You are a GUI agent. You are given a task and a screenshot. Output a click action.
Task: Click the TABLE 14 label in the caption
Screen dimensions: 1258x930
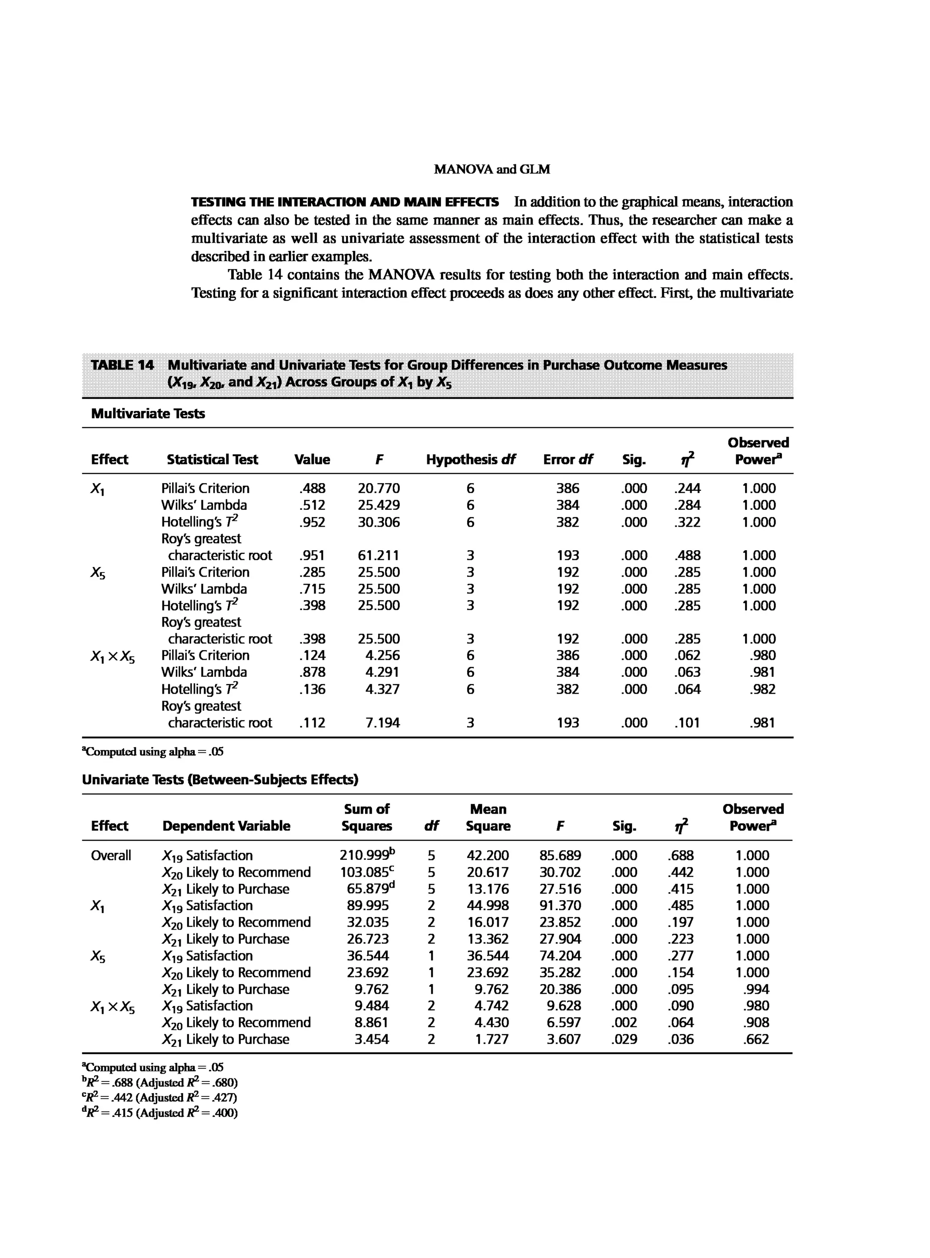tap(122, 365)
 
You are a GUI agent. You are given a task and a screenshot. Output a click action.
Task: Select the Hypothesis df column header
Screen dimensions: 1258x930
tap(470, 459)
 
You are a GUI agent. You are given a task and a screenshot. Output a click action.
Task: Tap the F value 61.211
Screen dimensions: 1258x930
tap(378, 556)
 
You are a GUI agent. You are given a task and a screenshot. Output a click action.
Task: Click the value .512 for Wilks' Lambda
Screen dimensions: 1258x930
tap(312, 505)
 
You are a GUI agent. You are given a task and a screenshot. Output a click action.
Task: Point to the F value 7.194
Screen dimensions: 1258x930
tap(382, 723)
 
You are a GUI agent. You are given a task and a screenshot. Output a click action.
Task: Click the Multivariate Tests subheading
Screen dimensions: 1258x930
tap(148, 413)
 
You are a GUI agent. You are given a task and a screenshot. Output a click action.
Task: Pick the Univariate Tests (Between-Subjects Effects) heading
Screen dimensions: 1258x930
tap(220, 779)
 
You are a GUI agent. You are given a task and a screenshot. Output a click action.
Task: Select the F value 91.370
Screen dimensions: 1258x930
tap(560, 906)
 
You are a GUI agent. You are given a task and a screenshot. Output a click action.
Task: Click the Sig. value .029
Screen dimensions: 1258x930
tap(624, 1039)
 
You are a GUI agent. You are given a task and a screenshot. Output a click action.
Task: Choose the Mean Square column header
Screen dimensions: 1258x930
tap(488, 817)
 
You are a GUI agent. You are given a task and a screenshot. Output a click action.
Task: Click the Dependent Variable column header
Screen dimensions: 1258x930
tap(226, 826)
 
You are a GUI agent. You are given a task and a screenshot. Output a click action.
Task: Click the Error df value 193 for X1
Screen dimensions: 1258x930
tap(568, 556)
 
